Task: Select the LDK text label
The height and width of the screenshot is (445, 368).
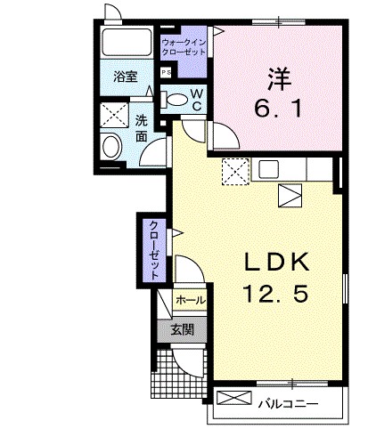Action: tap(276, 262)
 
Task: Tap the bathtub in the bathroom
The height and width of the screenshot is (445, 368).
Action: tap(125, 43)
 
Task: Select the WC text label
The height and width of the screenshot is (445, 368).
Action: tap(198, 100)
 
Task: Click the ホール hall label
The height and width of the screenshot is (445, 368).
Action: tap(189, 301)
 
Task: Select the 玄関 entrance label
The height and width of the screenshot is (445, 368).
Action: tap(189, 330)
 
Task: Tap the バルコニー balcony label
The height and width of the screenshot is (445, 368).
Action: tap(288, 405)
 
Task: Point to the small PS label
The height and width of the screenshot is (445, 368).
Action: tap(165, 73)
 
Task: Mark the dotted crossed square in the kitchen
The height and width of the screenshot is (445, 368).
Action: tap(235, 169)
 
